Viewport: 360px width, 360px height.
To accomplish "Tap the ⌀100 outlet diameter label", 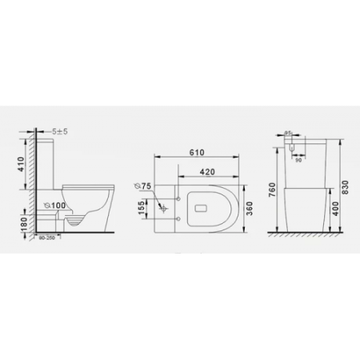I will (x=54, y=204).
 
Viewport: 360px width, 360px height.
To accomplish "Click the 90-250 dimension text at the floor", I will (x=45, y=238).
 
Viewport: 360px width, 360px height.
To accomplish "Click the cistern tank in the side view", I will (x=46, y=160).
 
